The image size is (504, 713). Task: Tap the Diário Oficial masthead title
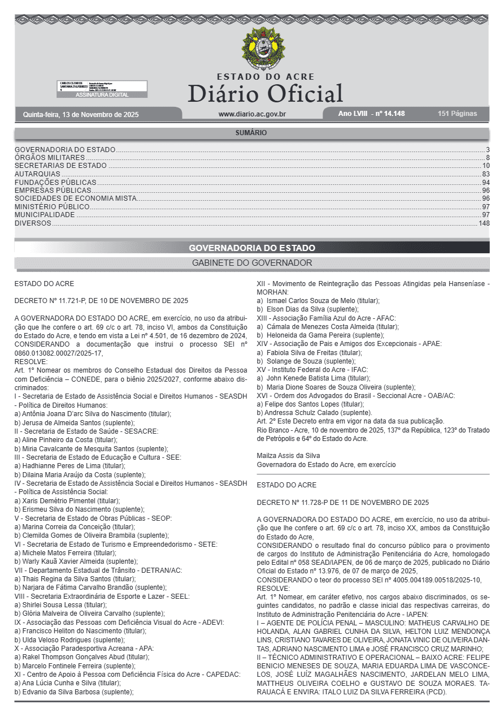[265, 93]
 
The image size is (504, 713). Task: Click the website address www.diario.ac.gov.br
[252, 114]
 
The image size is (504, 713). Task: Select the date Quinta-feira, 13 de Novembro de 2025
[81, 115]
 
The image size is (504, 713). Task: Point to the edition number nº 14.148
[387, 114]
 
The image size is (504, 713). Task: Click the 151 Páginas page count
[457, 114]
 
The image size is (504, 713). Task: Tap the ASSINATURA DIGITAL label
[102, 95]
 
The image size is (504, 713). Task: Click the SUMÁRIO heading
[251, 133]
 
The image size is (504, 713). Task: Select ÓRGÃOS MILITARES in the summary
[50, 157]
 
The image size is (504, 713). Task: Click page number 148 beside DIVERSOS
[484, 223]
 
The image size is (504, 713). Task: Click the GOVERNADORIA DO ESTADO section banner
[252, 248]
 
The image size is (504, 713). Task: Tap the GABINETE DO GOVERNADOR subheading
[252, 263]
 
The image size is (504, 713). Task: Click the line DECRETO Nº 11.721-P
[101, 301]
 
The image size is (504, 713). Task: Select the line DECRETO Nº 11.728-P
[342, 502]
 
